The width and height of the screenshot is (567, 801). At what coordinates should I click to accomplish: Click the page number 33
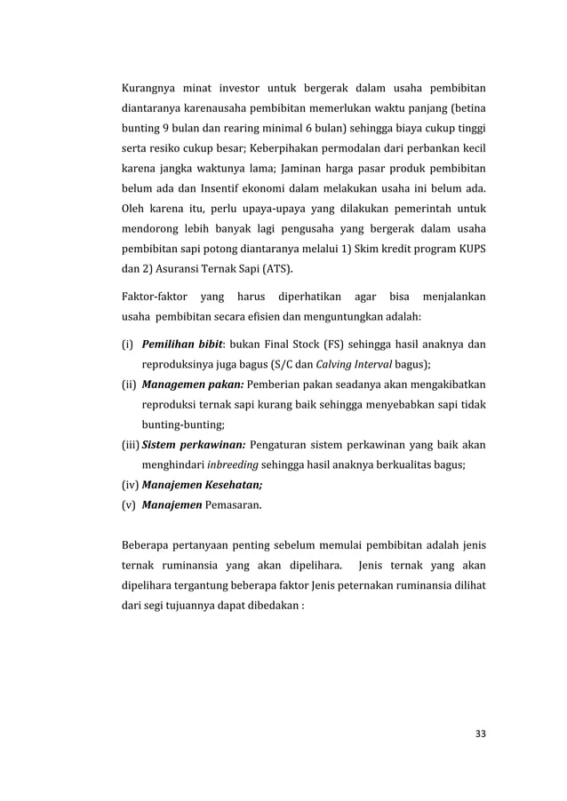click(x=481, y=733)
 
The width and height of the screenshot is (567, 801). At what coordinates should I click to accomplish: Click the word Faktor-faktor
click(x=151, y=299)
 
